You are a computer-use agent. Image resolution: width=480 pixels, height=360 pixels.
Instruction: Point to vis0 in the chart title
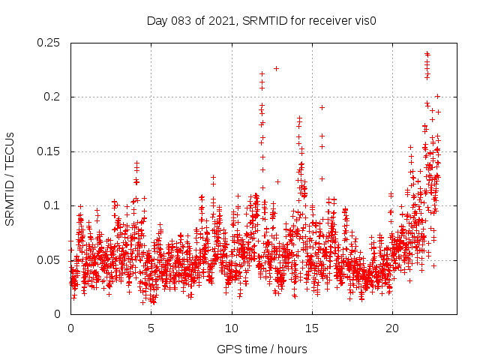tap(364, 21)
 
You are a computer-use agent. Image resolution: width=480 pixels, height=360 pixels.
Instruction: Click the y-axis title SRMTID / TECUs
tap(10, 178)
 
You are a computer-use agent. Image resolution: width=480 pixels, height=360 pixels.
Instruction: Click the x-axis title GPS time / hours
tap(262, 349)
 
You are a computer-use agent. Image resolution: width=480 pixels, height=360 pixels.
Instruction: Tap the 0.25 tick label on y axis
tap(49, 43)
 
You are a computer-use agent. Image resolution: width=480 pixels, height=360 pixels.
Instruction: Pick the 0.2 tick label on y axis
tap(52, 97)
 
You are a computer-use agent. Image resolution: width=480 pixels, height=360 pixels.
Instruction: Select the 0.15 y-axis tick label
tap(49, 151)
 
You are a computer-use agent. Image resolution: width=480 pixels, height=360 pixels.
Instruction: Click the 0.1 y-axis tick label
tap(52, 205)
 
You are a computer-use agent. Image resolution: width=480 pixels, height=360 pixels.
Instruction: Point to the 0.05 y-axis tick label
tap(49, 260)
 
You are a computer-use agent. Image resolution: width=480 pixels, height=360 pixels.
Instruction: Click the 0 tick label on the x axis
tap(70, 328)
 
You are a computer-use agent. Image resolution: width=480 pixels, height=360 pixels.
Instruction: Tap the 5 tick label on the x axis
tap(151, 328)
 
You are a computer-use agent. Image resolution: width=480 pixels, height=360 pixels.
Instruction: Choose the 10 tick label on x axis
tap(232, 328)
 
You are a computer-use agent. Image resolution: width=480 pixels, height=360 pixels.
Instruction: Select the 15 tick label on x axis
tap(312, 328)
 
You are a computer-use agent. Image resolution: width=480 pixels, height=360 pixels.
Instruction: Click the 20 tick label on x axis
tap(392, 328)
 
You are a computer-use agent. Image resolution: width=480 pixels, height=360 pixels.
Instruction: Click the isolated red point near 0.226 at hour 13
tap(276, 68)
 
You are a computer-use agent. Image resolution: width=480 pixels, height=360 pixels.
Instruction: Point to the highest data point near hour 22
tap(427, 54)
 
